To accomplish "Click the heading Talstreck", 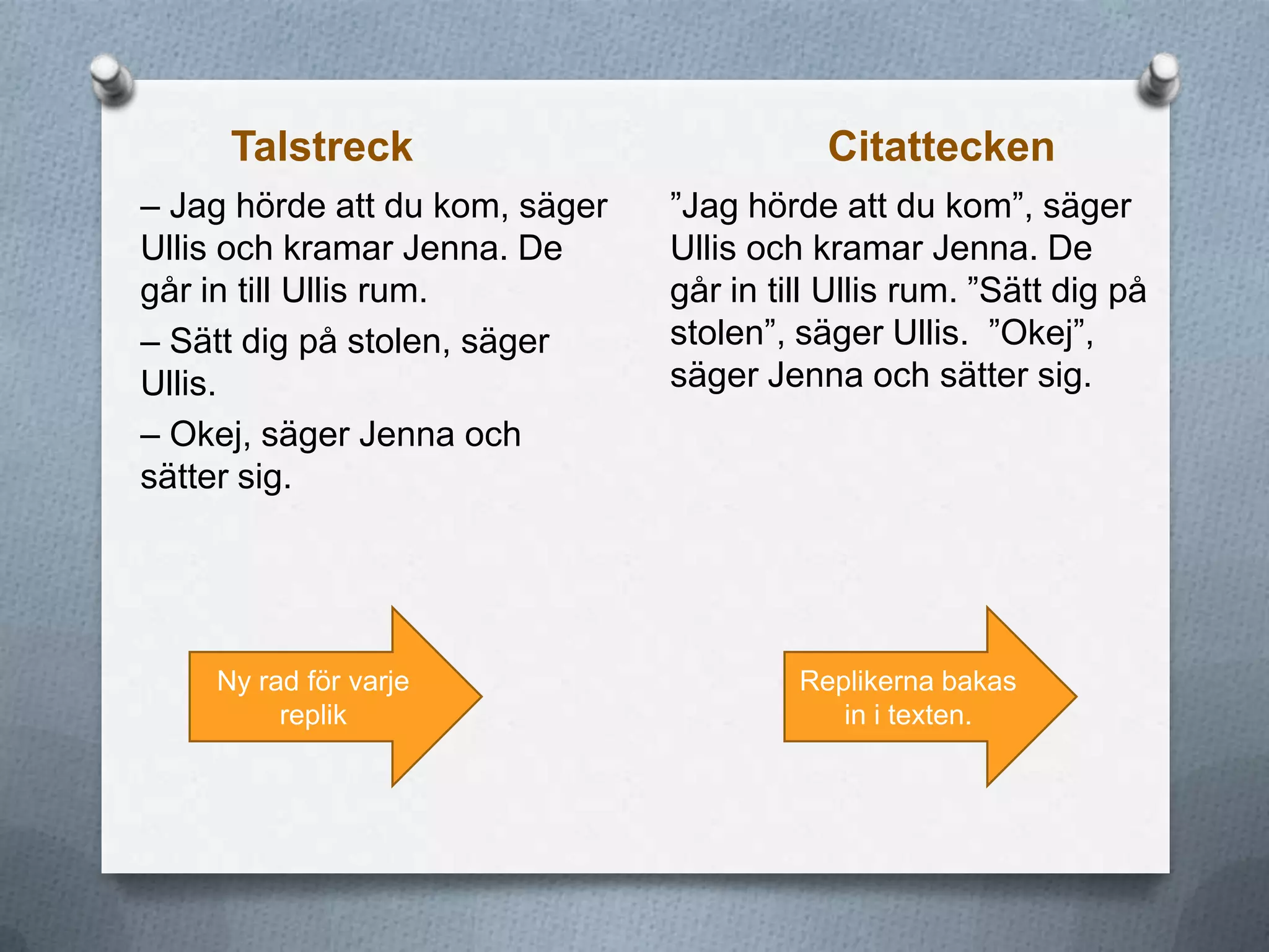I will pyautogui.click(x=322, y=148).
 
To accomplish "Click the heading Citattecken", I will pyautogui.click(x=941, y=148).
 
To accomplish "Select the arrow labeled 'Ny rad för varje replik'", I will pyautogui.click(x=335, y=697).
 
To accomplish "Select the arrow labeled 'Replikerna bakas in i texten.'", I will pyautogui.click(x=929, y=697).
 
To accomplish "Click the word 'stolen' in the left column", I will pyautogui.click(x=398, y=342).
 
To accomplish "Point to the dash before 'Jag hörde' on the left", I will pyautogui.click(x=151, y=207).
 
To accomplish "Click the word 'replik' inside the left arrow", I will pyautogui.click(x=313, y=715).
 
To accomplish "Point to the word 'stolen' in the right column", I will pyautogui.click(x=718, y=333).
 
